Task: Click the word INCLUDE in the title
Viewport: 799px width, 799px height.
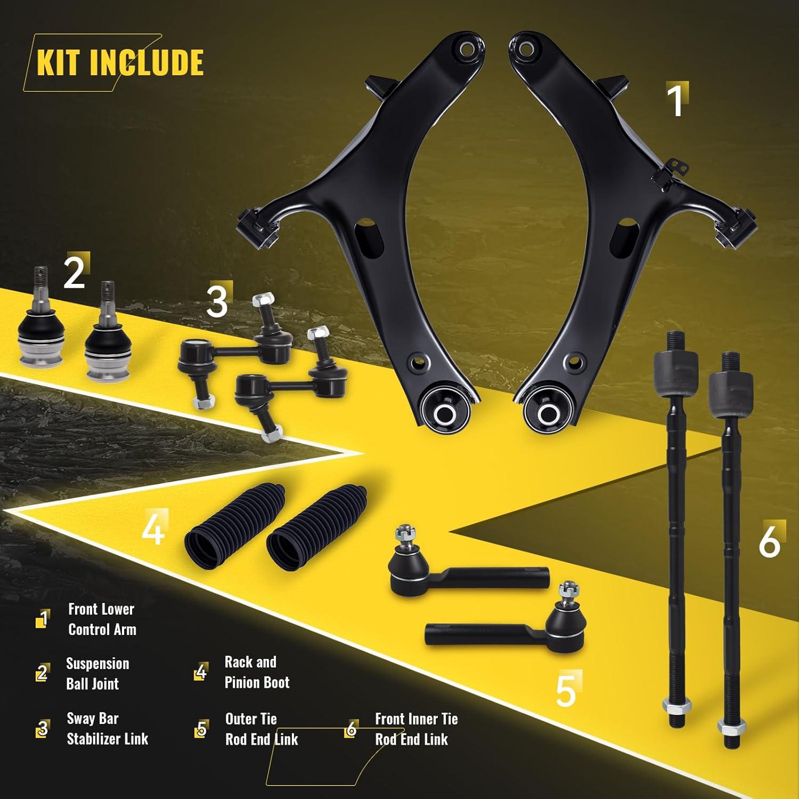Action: tap(146, 63)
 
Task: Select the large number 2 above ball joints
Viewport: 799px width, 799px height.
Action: tap(74, 273)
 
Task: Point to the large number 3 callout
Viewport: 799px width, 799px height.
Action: tap(217, 301)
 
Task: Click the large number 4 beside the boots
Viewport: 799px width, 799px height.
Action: tap(153, 529)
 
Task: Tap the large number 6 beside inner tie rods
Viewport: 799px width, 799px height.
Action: tap(769, 542)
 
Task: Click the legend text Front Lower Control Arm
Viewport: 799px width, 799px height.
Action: tap(102, 619)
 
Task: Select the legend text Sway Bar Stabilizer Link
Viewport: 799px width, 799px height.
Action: tap(107, 729)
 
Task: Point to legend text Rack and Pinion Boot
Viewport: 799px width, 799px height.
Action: tap(257, 672)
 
